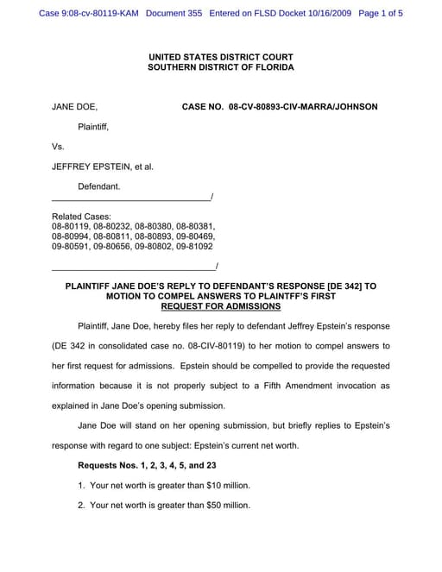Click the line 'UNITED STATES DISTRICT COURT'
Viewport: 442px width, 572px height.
point(220,56)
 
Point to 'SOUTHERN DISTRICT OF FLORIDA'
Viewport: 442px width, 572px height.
point(220,67)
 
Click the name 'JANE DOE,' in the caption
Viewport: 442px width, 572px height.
point(74,107)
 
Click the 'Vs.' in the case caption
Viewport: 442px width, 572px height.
point(59,147)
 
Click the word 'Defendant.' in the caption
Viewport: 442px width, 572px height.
point(99,186)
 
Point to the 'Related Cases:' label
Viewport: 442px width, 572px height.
point(81,217)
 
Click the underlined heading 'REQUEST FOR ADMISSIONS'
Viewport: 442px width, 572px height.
point(220,306)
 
